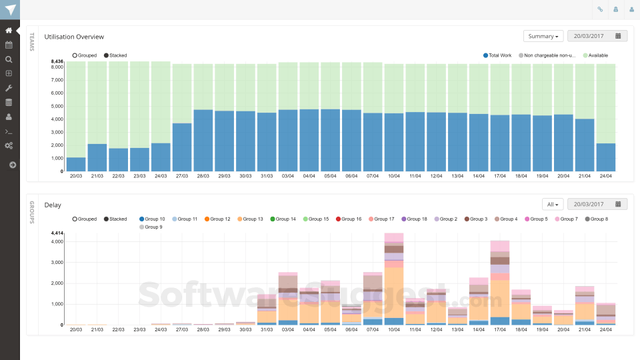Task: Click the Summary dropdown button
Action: (543, 36)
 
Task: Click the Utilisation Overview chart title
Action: (74, 37)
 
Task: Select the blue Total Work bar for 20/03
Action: (76, 164)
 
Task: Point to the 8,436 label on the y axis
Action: (57, 61)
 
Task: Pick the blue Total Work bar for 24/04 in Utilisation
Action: (605, 157)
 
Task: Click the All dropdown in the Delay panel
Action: (553, 204)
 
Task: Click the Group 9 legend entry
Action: (151, 227)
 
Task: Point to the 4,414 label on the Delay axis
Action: (57, 233)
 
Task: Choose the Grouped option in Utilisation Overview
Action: (85, 55)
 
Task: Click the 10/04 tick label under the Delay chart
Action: (394, 329)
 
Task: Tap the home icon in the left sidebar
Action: (9, 31)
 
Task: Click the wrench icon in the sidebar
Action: (9, 88)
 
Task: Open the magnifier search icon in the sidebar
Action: (9, 59)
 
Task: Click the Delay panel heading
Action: (53, 205)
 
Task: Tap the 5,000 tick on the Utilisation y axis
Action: (57, 106)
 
